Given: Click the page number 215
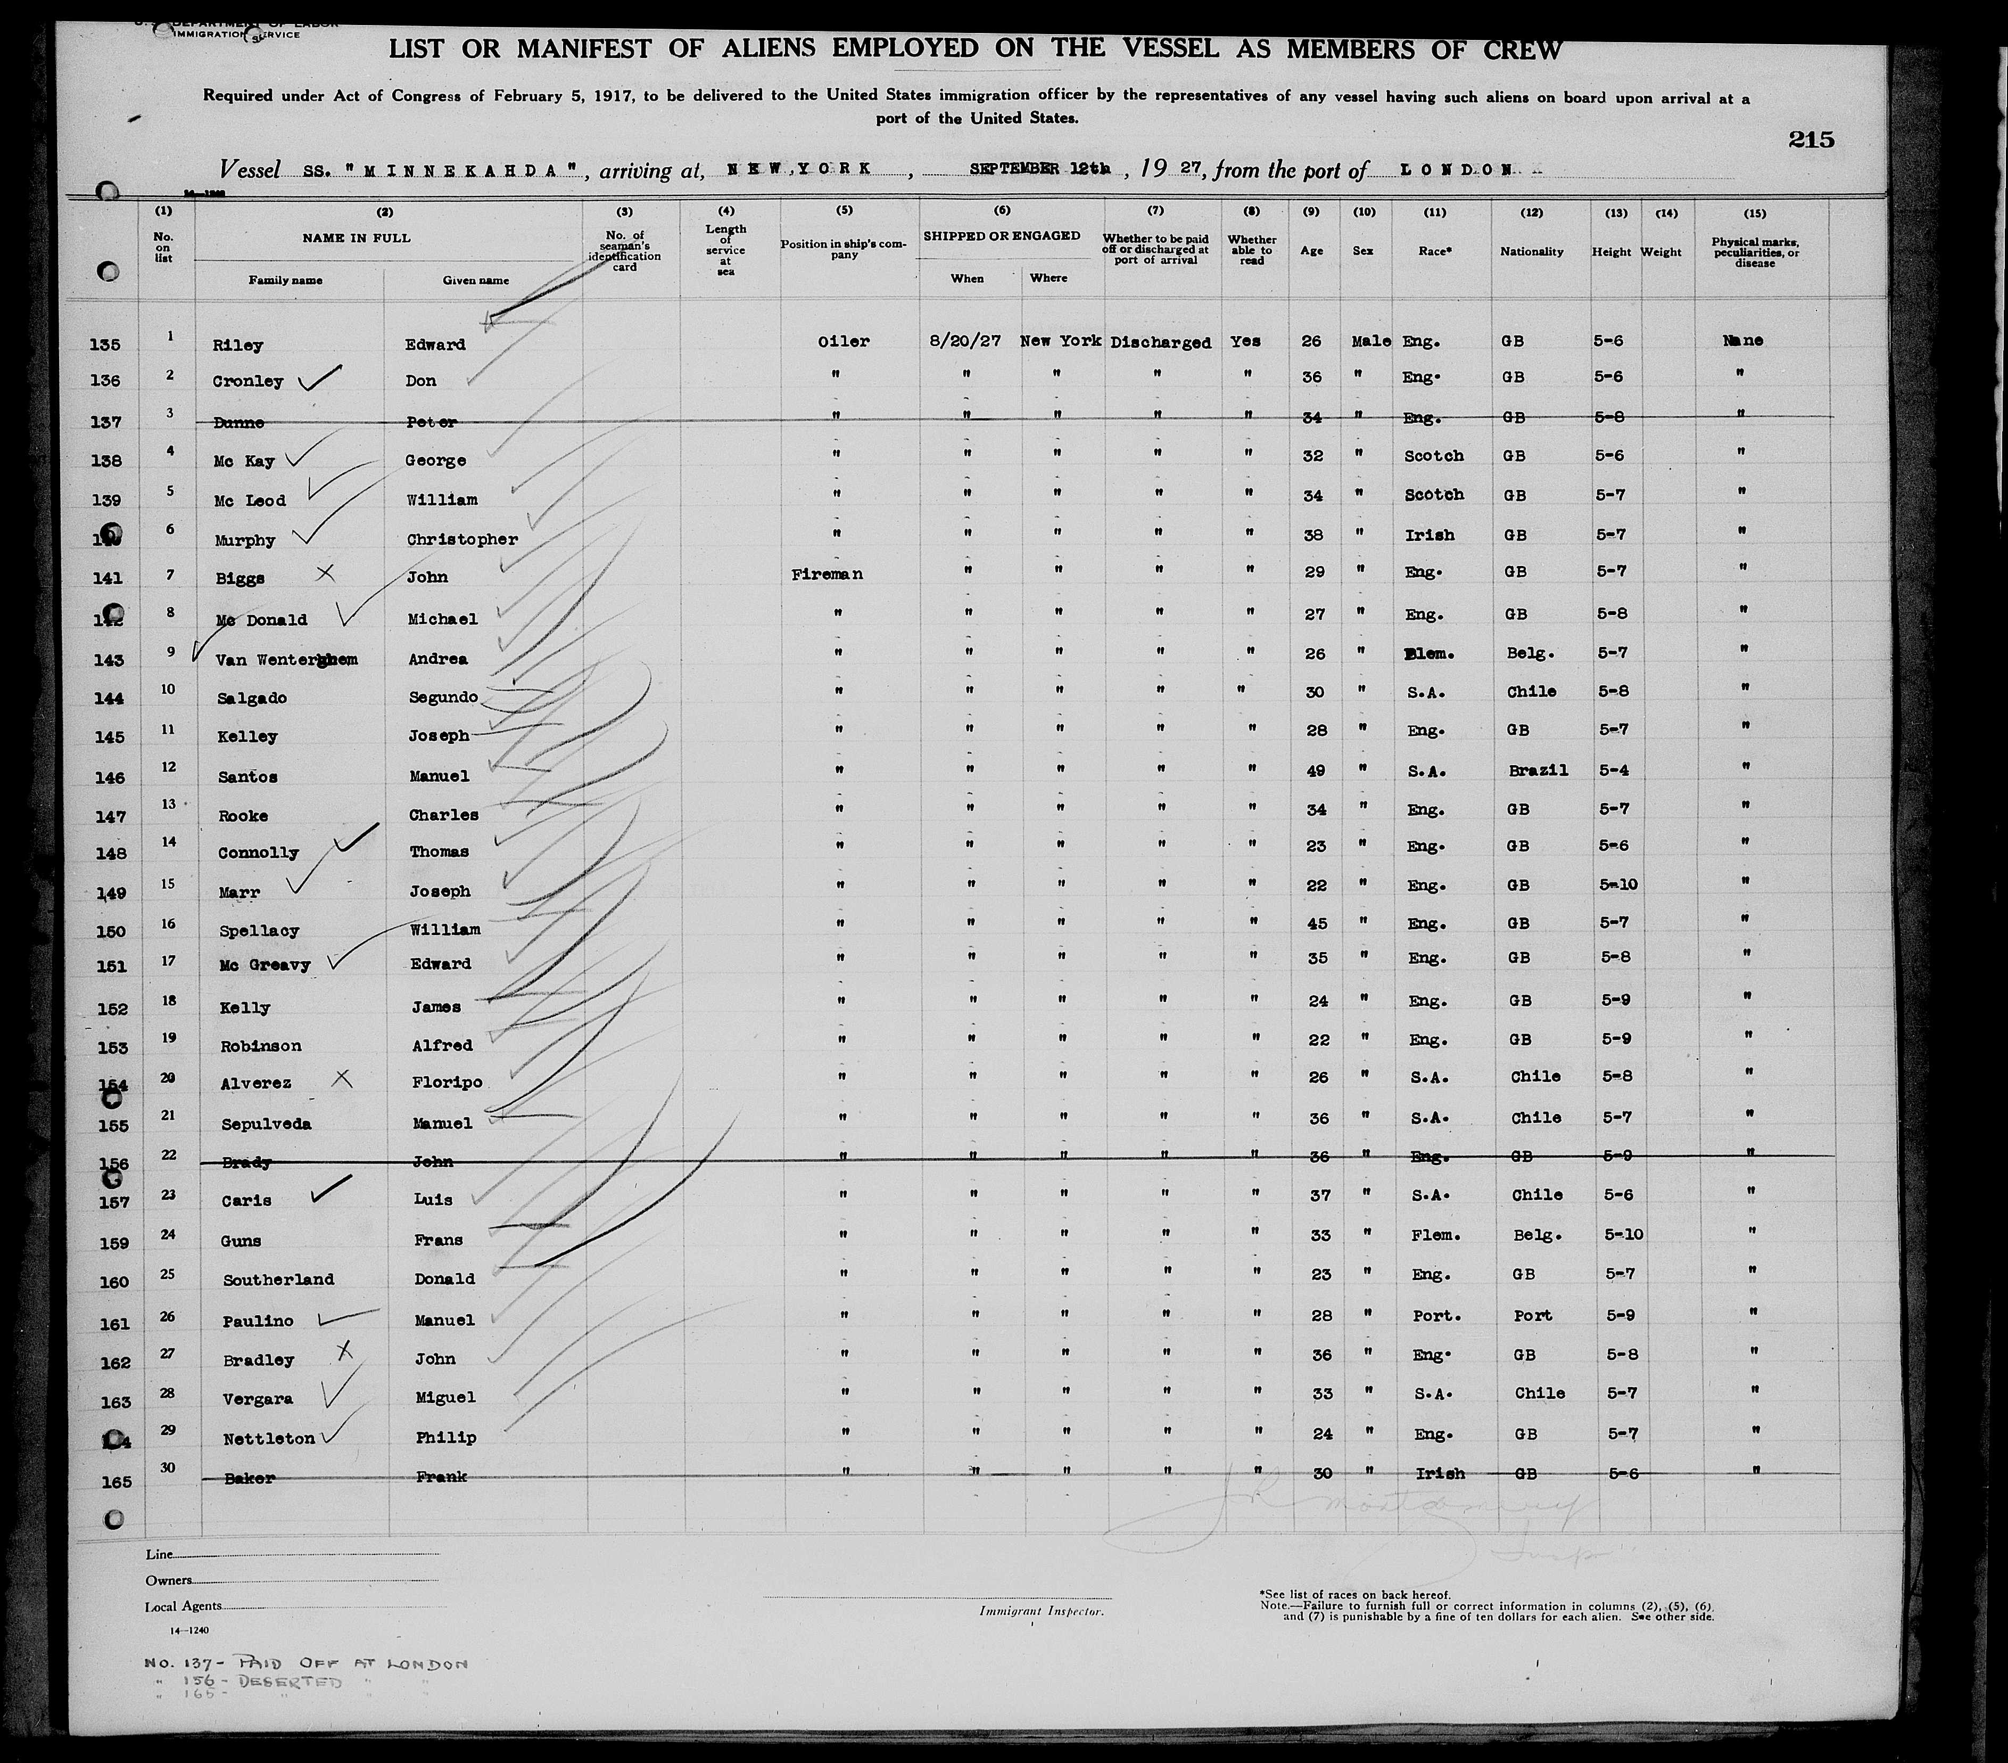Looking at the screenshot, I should click(1811, 140).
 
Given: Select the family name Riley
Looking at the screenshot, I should click(238, 345).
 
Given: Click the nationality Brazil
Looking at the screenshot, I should click(1538, 770).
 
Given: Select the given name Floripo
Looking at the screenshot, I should click(447, 1082).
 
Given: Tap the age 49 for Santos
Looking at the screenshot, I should click(1316, 770).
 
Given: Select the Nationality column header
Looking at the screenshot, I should click(1531, 251).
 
